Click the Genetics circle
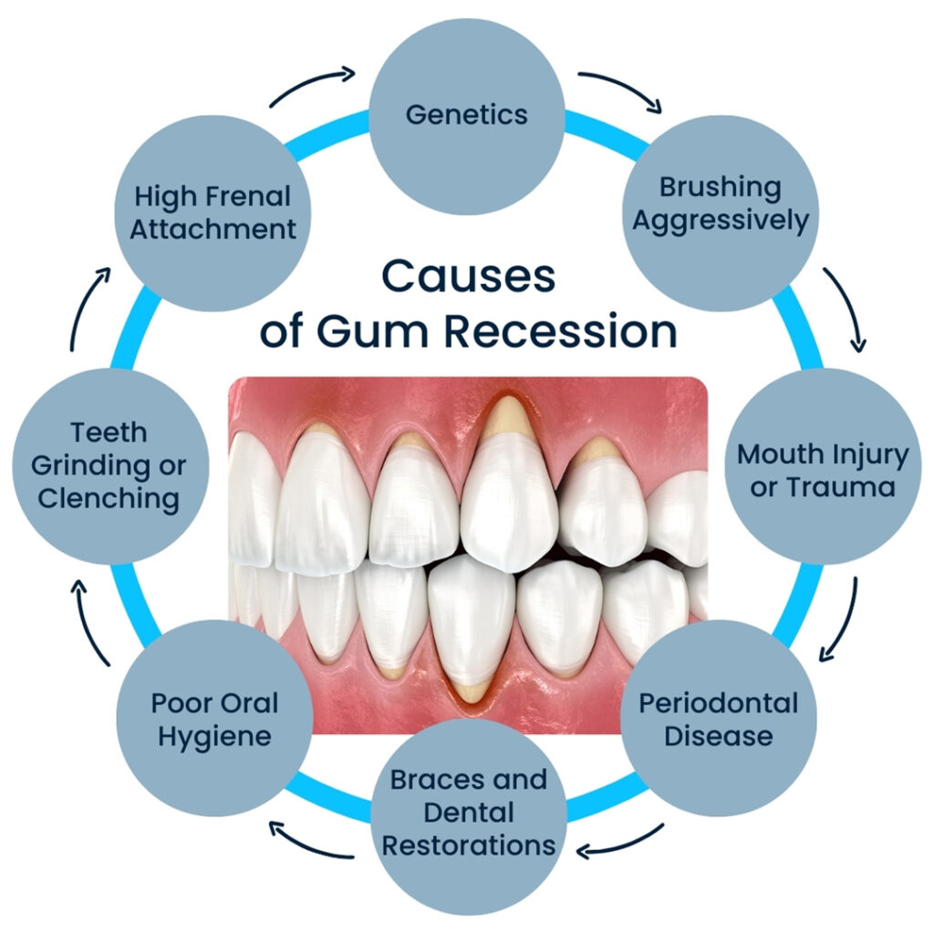click(x=467, y=114)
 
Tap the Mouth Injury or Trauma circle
click(x=822, y=470)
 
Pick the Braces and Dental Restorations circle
click(x=468, y=812)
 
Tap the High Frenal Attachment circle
click(x=213, y=212)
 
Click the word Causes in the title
click(x=468, y=276)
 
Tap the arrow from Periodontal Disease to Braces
click(x=620, y=844)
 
